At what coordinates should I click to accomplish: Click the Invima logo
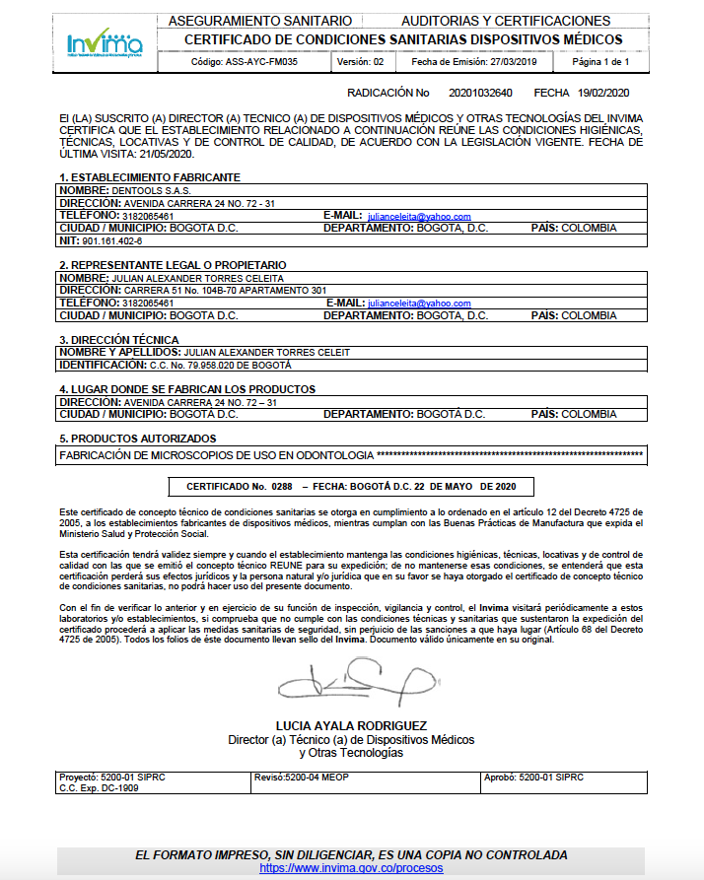(105, 43)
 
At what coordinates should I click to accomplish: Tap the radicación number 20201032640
(480, 93)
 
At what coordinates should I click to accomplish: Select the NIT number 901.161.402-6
(111, 240)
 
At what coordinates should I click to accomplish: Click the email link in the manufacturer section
(418, 216)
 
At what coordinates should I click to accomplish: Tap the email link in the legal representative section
(418, 304)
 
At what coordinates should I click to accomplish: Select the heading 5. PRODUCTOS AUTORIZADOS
(137, 439)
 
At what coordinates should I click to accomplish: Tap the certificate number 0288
(283, 487)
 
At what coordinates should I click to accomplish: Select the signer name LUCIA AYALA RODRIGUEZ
(351, 726)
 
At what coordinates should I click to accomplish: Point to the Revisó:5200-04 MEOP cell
(302, 778)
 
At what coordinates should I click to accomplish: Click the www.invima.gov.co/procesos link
(351, 868)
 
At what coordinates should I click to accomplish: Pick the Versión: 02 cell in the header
(360, 61)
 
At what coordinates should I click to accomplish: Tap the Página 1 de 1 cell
(600, 61)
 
